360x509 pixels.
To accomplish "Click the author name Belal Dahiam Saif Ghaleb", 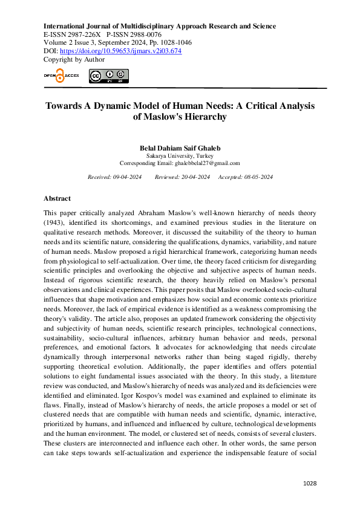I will coord(180,148).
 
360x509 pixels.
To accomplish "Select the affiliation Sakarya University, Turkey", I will coord(180,155).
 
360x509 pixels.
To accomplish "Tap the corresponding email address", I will coord(207,163).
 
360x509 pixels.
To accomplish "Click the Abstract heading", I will coord(57,198).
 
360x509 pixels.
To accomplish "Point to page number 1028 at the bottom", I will coord(309,484).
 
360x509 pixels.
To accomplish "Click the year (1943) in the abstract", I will coord(54,224).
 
